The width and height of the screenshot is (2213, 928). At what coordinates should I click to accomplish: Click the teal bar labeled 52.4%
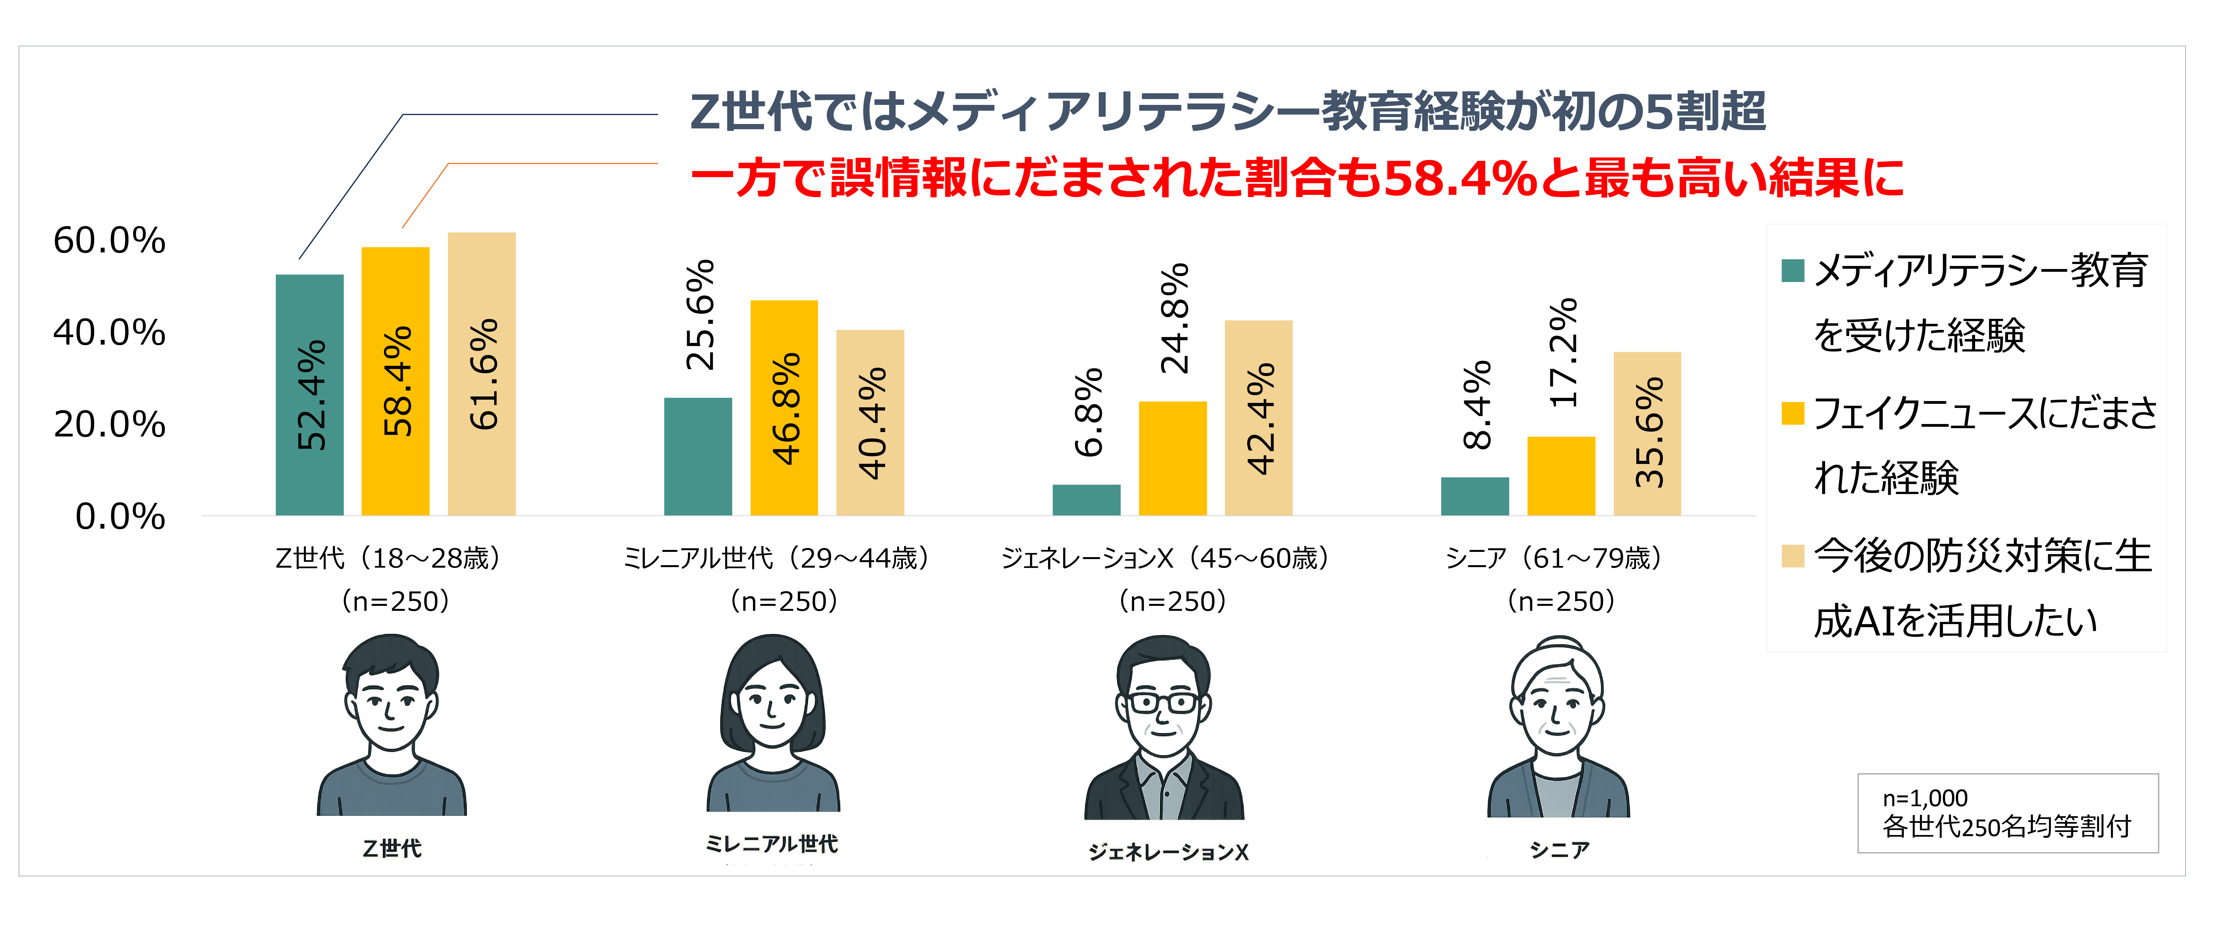[x=309, y=395]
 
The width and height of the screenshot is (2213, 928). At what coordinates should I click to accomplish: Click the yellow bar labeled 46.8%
[x=783, y=408]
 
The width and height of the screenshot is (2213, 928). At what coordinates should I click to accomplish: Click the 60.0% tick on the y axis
[x=109, y=241]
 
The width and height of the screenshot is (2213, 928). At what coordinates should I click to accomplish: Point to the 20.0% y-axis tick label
[x=109, y=425]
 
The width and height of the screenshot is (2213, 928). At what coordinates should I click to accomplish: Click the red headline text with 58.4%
[x=1297, y=178]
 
